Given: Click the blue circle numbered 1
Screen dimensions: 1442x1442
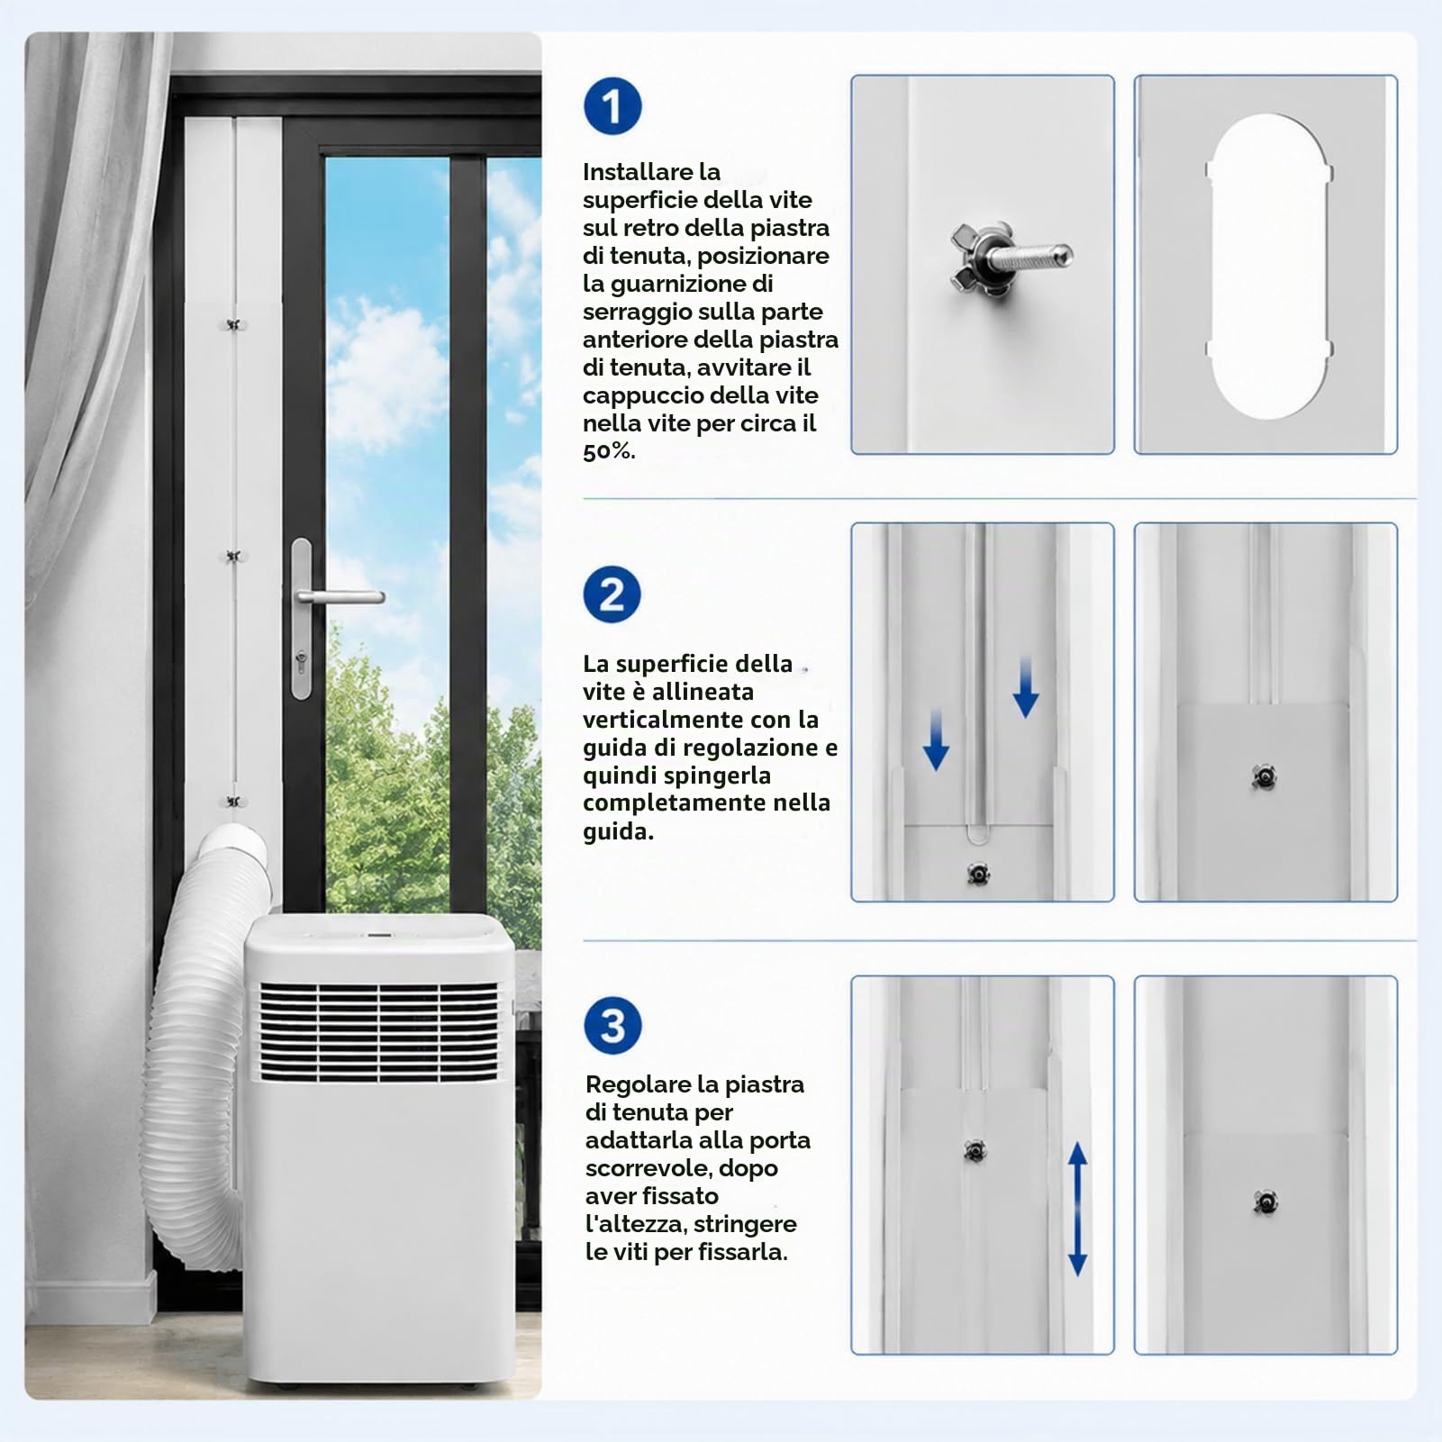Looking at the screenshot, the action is click(612, 106).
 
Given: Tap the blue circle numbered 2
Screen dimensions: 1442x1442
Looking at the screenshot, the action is click(612, 594).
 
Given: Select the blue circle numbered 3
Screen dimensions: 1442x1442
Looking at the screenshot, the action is click(612, 1025).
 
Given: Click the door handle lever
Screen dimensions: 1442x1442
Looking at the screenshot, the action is click(340, 596).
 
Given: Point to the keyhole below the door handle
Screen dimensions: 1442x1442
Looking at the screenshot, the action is click(301, 662).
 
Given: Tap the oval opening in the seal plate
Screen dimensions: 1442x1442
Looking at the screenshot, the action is click(1268, 267).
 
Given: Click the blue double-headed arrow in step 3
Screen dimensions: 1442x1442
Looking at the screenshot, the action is click(1077, 1208).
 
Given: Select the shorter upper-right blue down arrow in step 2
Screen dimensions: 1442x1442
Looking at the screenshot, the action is click(1025, 687).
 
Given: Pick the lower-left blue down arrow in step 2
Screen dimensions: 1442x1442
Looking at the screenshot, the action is click(936, 739).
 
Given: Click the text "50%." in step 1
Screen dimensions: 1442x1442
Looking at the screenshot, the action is click(609, 451).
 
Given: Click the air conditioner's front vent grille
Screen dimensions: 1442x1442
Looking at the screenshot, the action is click(378, 1031).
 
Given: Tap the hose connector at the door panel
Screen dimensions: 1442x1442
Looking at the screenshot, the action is click(234, 851).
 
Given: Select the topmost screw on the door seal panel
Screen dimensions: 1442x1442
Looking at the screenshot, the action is click(234, 324).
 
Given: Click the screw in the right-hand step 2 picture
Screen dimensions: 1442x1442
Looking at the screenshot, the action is click(1264, 776).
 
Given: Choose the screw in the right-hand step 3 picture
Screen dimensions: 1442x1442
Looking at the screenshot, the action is click(1265, 1202).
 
